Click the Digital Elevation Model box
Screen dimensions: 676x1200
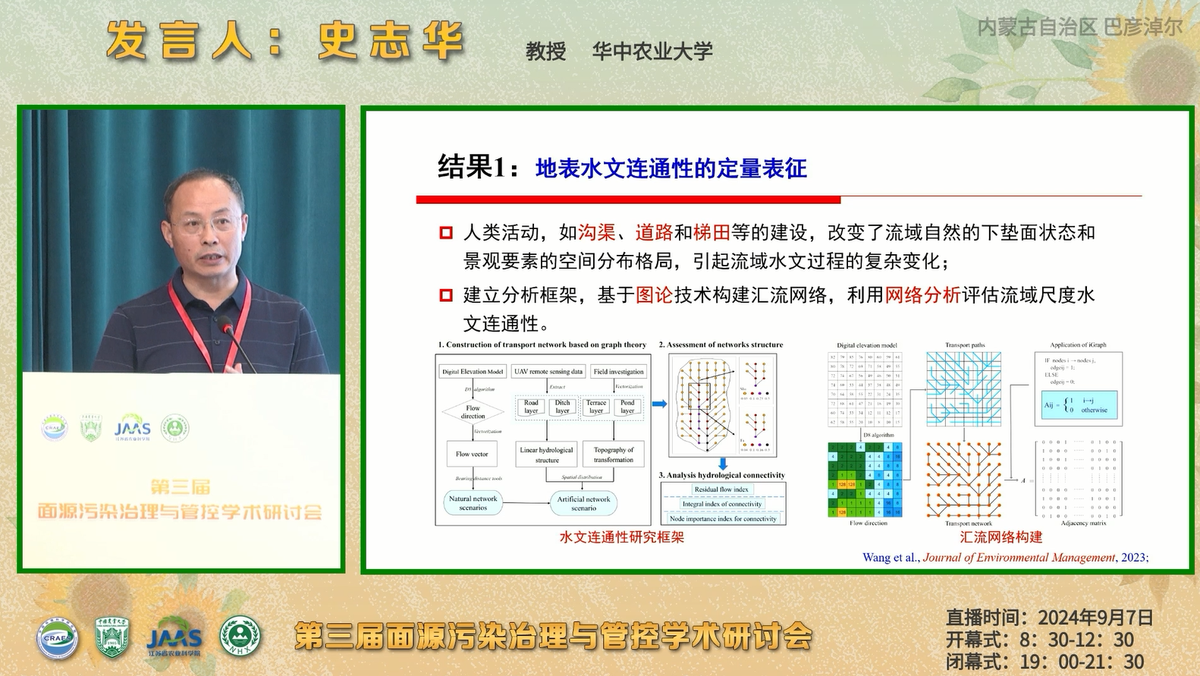click(x=473, y=372)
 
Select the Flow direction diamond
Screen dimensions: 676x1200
click(x=473, y=412)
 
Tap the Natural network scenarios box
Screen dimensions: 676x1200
click(x=473, y=503)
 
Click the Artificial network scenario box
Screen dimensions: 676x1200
click(x=583, y=503)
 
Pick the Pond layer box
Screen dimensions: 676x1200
click(x=627, y=407)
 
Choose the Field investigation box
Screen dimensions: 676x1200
click(x=618, y=372)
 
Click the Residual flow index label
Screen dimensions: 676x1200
click(x=721, y=489)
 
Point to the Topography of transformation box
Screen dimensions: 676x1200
click(x=614, y=454)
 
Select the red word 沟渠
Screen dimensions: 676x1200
click(x=597, y=232)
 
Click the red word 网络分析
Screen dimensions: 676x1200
click(x=922, y=294)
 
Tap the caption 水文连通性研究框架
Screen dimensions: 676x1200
click(x=621, y=537)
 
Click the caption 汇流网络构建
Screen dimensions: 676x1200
click(x=1001, y=537)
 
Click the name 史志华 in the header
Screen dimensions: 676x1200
click(x=390, y=40)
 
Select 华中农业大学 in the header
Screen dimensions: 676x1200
click(x=652, y=52)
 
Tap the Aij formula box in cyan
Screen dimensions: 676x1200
click(x=1079, y=405)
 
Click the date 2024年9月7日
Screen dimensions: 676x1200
click(x=1095, y=618)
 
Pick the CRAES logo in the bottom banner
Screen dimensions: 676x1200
click(x=58, y=637)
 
